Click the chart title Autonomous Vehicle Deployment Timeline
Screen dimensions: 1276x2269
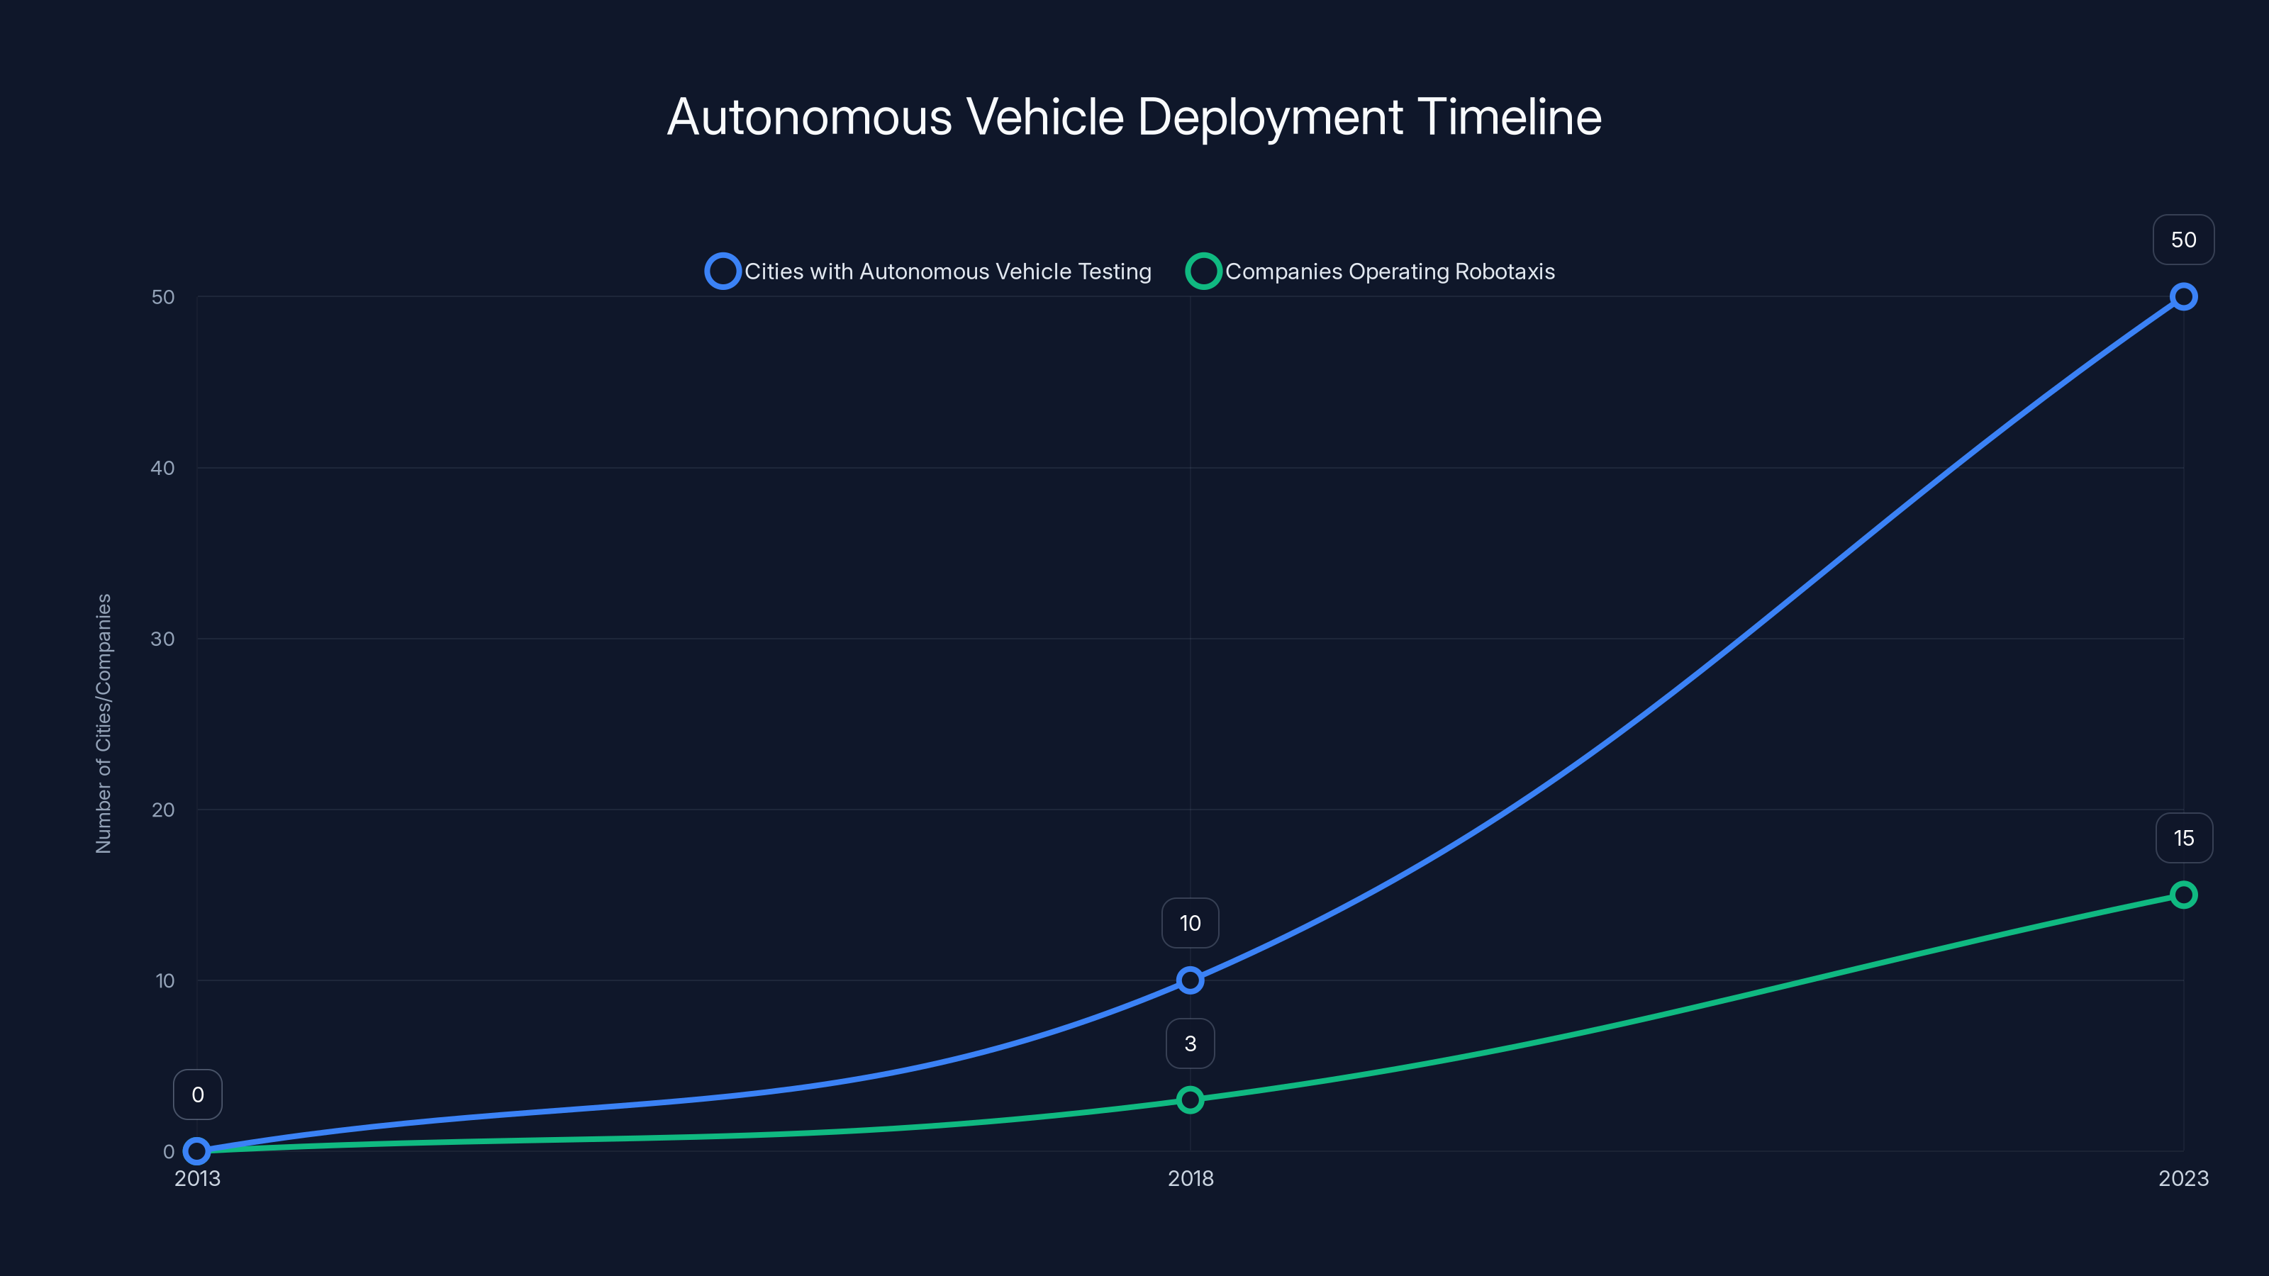click(1134, 117)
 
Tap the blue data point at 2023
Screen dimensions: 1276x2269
click(2182, 297)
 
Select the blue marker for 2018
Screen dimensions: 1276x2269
click(1190, 980)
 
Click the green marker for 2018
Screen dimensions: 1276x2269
click(1190, 1100)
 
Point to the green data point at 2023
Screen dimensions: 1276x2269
click(2182, 895)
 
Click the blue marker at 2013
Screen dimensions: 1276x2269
click(197, 1151)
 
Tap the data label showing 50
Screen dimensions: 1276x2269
click(2182, 240)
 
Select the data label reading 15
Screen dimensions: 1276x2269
click(2182, 839)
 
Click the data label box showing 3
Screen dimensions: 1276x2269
click(1190, 1043)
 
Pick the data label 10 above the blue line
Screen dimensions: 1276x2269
click(1190, 923)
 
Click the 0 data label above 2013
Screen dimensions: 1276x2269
click(197, 1095)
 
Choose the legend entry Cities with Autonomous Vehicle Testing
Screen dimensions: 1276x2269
click(947, 272)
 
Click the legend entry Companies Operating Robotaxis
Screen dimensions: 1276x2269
click(1389, 272)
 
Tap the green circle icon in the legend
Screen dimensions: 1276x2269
click(1203, 272)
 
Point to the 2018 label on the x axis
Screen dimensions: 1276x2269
click(1190, 1178)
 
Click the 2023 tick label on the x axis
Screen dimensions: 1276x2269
click(2182, 1178)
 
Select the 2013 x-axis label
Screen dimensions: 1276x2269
click(197, 1178)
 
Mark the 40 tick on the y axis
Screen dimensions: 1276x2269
click(163, 468)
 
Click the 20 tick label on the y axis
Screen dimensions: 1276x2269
click(163, 810)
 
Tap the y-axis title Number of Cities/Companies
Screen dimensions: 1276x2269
click(104, 723)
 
